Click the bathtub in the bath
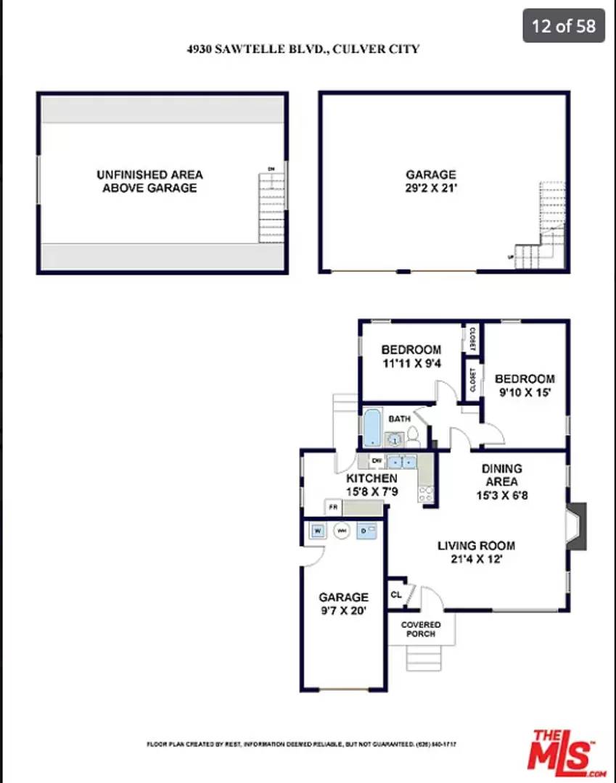tap(371, 428)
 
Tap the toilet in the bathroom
tap(413, 436)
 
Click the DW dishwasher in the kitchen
tap(376, 460)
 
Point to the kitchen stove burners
tap(426, 494)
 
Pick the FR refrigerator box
tap(334, 508)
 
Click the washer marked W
tap(317, 531)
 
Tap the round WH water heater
tap(342, 531)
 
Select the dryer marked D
tap(366, 531)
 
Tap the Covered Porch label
tap(421, 629)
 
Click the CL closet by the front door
tap(396, 594)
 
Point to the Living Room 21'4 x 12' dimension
tap(476, 559)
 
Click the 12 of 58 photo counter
tap(564, 26)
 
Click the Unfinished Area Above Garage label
tap(149, 181)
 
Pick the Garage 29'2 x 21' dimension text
tap(431, 188)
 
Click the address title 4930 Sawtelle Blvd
tap(303, 49)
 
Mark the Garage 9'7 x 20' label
tap(344, 604)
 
